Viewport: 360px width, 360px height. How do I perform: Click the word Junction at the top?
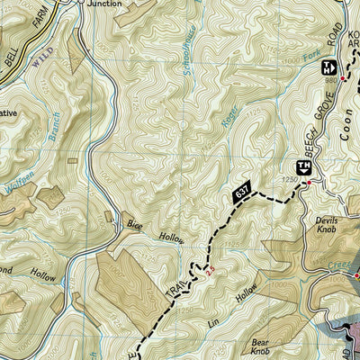105,4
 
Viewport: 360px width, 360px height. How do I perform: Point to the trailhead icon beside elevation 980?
328,66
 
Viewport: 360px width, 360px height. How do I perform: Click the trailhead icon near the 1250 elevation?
304,166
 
